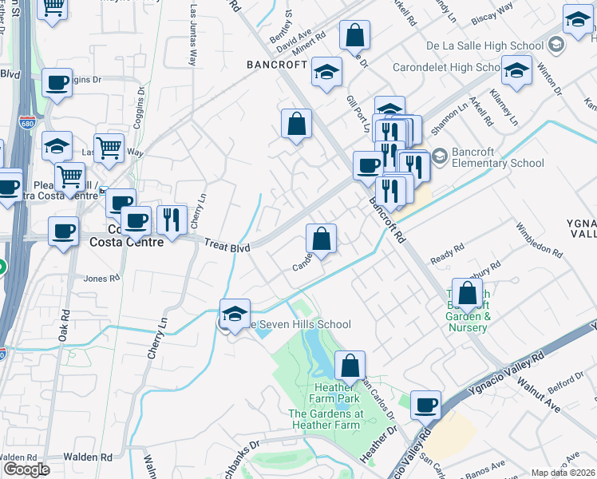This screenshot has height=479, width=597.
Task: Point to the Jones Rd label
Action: coord(101,279)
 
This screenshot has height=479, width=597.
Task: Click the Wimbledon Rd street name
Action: coord(538,236)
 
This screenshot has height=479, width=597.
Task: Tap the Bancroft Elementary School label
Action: coord(486,157)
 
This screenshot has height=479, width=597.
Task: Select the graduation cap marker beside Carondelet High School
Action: coord(516,70)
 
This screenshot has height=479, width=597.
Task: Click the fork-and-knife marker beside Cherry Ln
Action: coord(172,217)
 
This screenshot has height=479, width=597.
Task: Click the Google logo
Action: coord(26,469)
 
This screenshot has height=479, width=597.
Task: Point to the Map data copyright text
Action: coord(563,473)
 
